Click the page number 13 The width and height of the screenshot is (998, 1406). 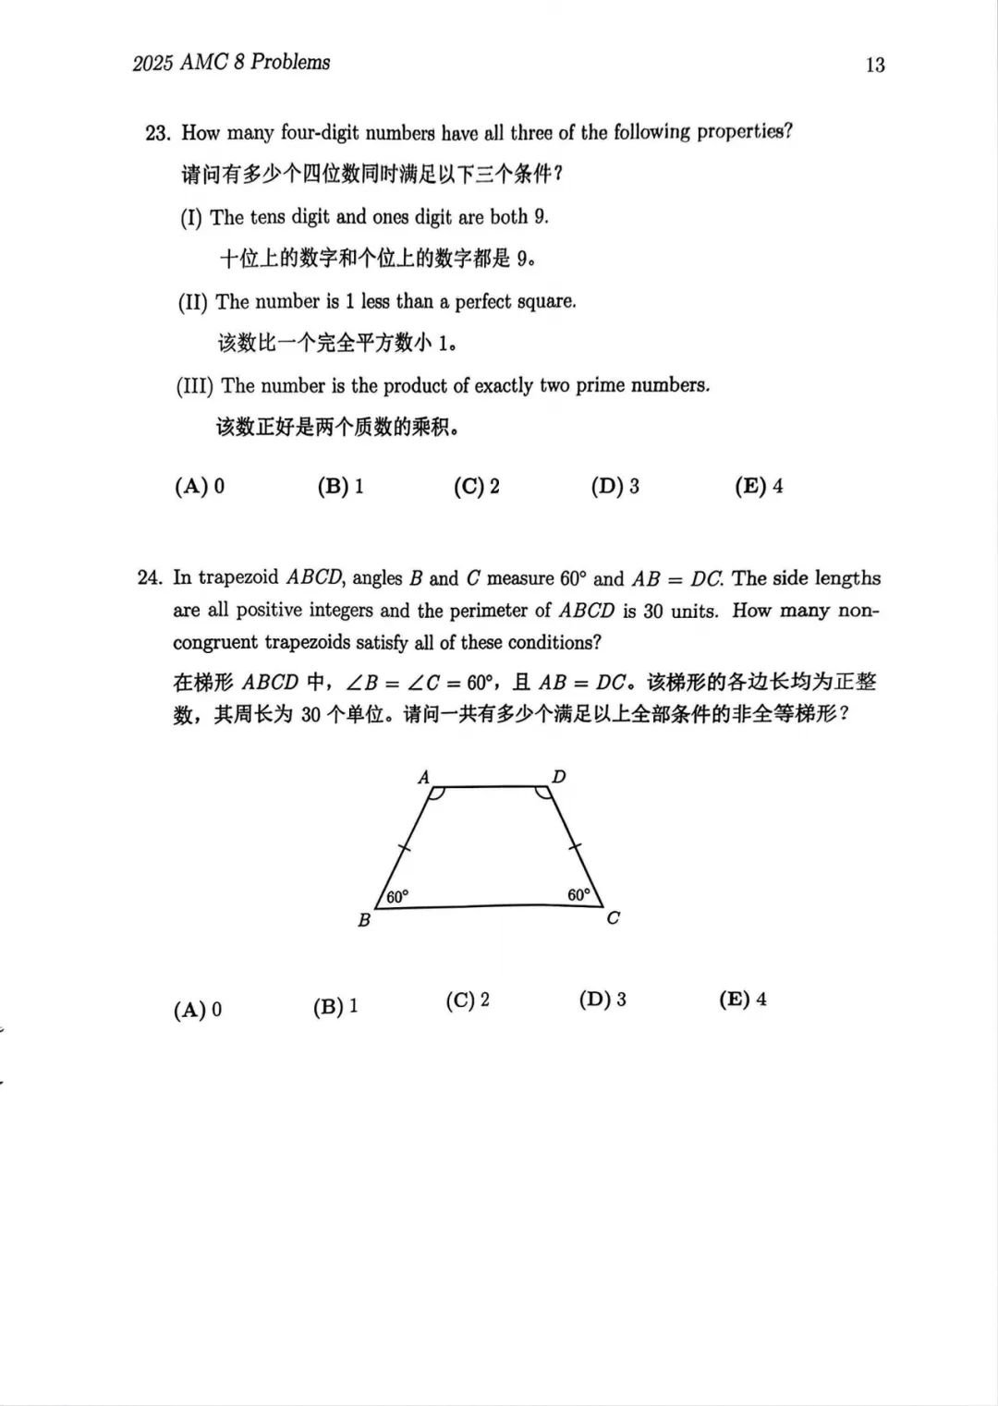pyautogui.click(x=875, y=65)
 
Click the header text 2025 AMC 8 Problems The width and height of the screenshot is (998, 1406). pyautogui.click(x=231, y=63)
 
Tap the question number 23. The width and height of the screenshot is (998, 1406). pyautogui.click(x=157, y=133)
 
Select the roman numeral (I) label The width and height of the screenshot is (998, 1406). pyautogui.click(x=190, y=218)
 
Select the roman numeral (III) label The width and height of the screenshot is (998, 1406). pyautogui.click(x=194, y=386)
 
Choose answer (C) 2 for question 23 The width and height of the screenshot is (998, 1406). pyautogui.click(x=476, y=487)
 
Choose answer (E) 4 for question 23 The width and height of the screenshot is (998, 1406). pyautogui.click(x=759, y=487)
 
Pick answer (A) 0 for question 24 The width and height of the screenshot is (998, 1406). pyautogui.click(x=198, y=1010)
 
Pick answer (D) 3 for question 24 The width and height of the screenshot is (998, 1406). pyautogui.click(x=602, y=1000)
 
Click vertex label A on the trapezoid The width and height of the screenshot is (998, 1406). pyautogui.click(x=424, y=778)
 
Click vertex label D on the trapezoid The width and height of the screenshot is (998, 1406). pyautogui.click(x=559, y=777)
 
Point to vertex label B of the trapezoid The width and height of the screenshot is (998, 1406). pyautogui.click(x=364, y=920)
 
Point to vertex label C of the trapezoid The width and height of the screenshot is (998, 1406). pyautogui.click(x=613, y=918)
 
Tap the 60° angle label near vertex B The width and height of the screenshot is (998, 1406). pyautogui.click(x=397, y=897)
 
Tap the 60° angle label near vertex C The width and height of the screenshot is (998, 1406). pyautogui.click(x=578, y=895)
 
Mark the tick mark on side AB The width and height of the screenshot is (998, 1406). pyautogui.click(x=404, y=846)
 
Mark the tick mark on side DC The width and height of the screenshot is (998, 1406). pyautogui.click(x=574, y=845)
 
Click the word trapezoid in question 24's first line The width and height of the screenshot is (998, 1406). pyautogui.click(x=237, y=578)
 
